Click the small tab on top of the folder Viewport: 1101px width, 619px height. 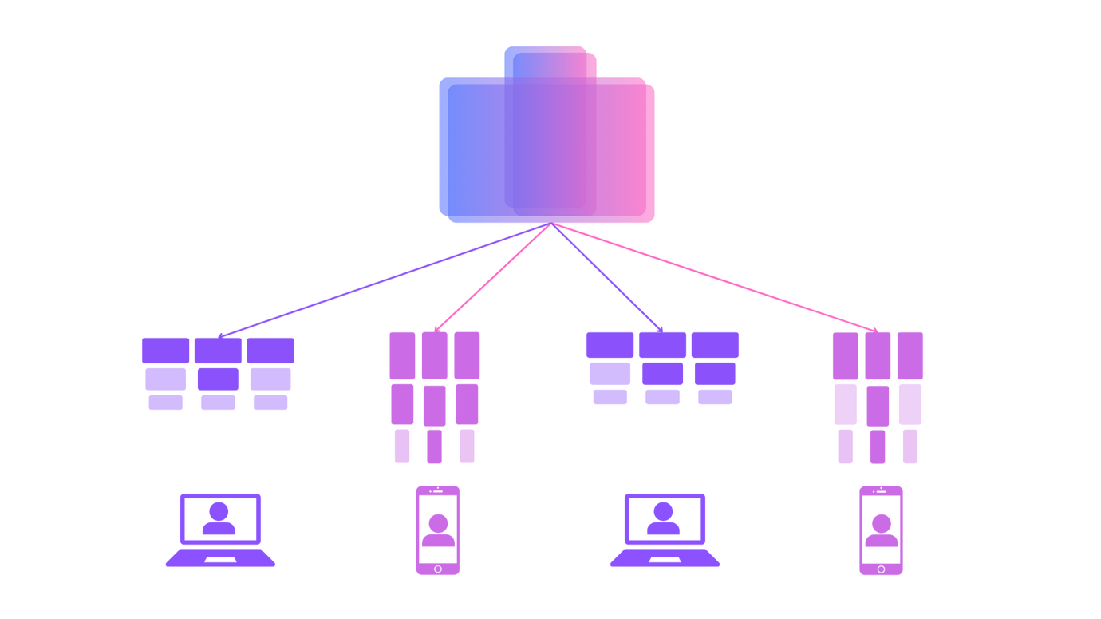549,61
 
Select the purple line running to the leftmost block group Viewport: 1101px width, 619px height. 383,279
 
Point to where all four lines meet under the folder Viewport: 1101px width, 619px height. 550,226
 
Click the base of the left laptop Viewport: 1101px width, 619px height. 220,558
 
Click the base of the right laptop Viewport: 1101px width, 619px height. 665,558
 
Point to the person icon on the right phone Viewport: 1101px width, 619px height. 881,528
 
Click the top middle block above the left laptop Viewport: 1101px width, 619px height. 218,350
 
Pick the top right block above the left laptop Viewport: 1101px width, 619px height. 270,350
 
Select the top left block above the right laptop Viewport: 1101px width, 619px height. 610,345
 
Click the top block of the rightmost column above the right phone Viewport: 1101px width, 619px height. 910,355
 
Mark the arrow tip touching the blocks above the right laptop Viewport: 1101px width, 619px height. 661,327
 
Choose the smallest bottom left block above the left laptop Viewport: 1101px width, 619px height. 166,402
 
